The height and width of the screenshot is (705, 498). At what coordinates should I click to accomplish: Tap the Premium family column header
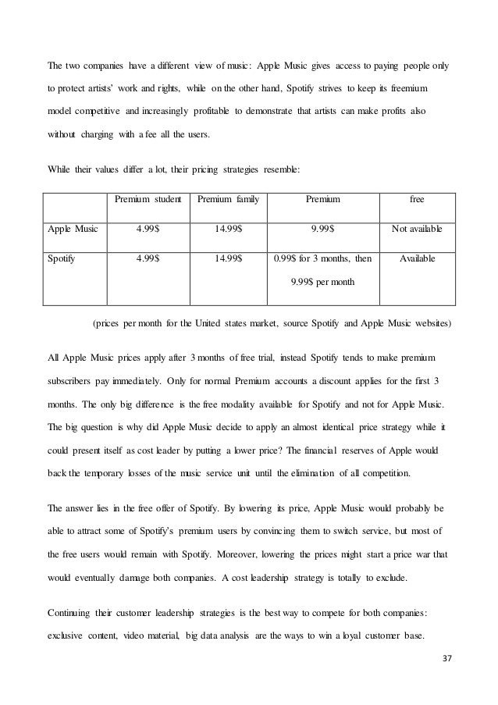pyautogui.click(x=228, y=200)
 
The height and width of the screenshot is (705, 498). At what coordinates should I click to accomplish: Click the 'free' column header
pyautogui.click(x=417, y=200)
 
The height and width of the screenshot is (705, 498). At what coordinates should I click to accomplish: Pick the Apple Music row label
pyautogui.click(x=76, y=229)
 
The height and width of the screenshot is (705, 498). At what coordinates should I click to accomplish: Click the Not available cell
pyautogui.click(x=417, y=229)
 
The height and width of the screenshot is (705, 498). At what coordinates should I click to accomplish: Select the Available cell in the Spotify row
pyautogui.click(x=417, y=257)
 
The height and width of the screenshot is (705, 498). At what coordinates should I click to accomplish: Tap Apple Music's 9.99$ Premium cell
pyautogui.click(x=322, y=229)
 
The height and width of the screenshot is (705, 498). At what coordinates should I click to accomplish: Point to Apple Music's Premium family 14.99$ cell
pyautogui.click(x=228, y=229)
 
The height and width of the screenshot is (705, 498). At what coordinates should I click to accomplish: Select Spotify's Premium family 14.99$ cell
pyautogui.click(x=228, y=257)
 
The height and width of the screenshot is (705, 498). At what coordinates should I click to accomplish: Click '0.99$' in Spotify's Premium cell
pyautogui.click(x=286, y=257)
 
